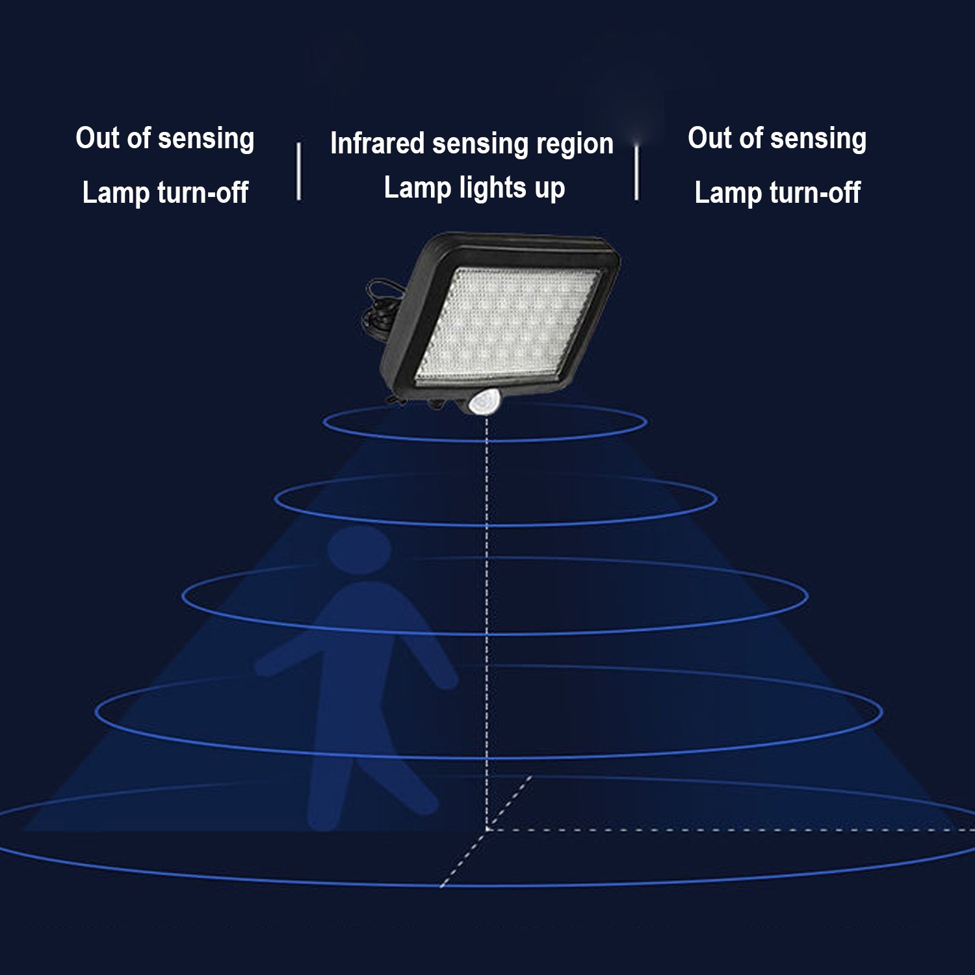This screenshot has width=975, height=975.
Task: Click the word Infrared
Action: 377,143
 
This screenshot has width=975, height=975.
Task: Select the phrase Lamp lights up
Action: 474,188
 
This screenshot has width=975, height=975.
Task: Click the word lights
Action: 493,188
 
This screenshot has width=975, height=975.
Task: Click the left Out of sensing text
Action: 164,139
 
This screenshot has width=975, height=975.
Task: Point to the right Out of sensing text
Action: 777,139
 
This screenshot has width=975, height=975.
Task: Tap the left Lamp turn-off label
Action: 165,192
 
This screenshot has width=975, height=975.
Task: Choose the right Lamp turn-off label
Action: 777,192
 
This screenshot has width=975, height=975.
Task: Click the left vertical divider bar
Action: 298,171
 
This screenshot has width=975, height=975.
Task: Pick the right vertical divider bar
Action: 636,171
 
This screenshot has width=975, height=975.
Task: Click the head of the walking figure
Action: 359,549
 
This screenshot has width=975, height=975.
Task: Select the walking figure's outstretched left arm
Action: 286,656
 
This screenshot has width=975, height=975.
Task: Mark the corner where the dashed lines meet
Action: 487,829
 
